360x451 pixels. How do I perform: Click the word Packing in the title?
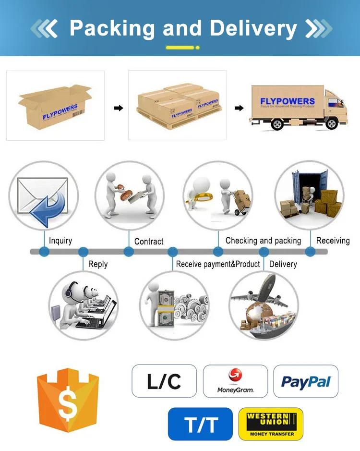click(112, 28)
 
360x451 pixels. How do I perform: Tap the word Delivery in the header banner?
click(253, 28)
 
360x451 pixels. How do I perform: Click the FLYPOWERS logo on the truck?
click(287, 101)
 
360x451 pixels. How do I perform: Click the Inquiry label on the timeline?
click(60, 240)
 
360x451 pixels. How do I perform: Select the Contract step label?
click(149, 241)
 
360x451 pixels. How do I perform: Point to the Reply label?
click(98, 264)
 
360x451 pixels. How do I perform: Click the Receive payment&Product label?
click(218, 264)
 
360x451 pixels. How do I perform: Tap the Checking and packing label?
click(263, 241)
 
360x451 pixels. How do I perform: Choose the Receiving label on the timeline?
click(333, 241)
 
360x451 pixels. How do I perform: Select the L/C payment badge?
click(164, 381)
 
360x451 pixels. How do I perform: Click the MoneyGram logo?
click(235, 381)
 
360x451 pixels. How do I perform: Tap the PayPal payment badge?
click(306, 381)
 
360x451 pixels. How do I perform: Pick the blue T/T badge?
click(200, 424)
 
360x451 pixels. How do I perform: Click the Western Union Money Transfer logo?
click(271, 424)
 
